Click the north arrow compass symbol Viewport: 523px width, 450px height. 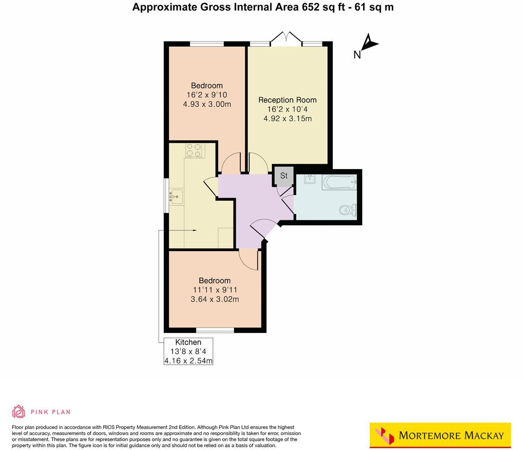point(370,44)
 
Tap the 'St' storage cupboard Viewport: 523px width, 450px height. point(284,176)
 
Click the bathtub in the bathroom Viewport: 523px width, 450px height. point(339,182)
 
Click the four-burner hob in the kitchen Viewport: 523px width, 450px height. point(195,150)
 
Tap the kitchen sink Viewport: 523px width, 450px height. point(177,196)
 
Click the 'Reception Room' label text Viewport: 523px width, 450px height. point(287,100)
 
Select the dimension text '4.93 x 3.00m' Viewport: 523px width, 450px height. point(207,104)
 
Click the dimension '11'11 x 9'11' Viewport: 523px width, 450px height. point(215,290)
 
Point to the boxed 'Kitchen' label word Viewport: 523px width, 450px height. point(188,342)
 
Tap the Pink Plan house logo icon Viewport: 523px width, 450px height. point(18,411)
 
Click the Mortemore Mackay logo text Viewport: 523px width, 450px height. point(451,436)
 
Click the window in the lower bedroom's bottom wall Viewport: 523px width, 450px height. point(215,330)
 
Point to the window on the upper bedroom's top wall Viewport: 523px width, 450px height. point(206,43)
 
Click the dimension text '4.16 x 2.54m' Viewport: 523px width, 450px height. point(188,361)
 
